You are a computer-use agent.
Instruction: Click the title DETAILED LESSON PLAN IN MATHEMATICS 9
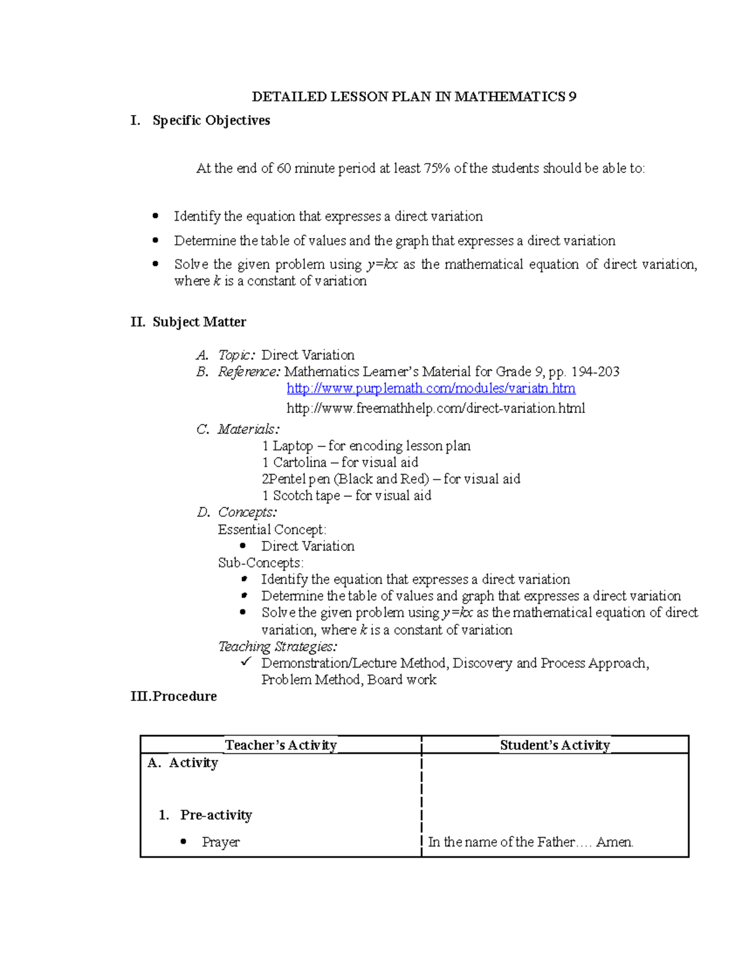pyautogui.click(x=414, y=96)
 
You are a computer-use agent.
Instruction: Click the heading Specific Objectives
pyautogui.click(x=211, y=121)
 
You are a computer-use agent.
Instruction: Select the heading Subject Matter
pyautogui.click(x=199, y=322)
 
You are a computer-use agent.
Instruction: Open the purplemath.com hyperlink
pyautogui.click(x=431, y=388)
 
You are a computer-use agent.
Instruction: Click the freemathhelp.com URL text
pyautogui.click(x=435, y=408)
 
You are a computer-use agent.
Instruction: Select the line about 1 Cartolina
pyautogui.click(x=340, y=462)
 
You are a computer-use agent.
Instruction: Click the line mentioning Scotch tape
pyautogui.click(x=346, y=496)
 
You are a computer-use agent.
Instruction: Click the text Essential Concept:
pyautogui.click(x=272, y=530)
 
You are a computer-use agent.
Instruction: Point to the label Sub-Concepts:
pyautogui.click(x=260, y=563)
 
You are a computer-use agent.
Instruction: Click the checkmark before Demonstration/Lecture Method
pyautogui.click(x=246, y=662)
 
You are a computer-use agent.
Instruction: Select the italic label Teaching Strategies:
pyautogui.click(x=278, y=647)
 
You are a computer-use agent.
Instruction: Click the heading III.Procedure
pyautogui.click(x=174, y=697)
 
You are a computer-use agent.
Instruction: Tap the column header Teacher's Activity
pyautogui.click(x=281, y=745)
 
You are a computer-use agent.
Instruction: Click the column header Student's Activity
pyautogui.click(x=555, y=745)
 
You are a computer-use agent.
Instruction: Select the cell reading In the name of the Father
pyautogui.click(x=531, y=842)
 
